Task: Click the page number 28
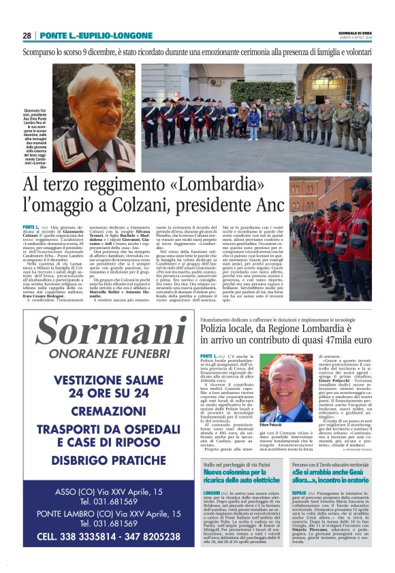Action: [x=27, y=35]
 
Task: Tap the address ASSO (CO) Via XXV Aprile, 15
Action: [x=99, y=492]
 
